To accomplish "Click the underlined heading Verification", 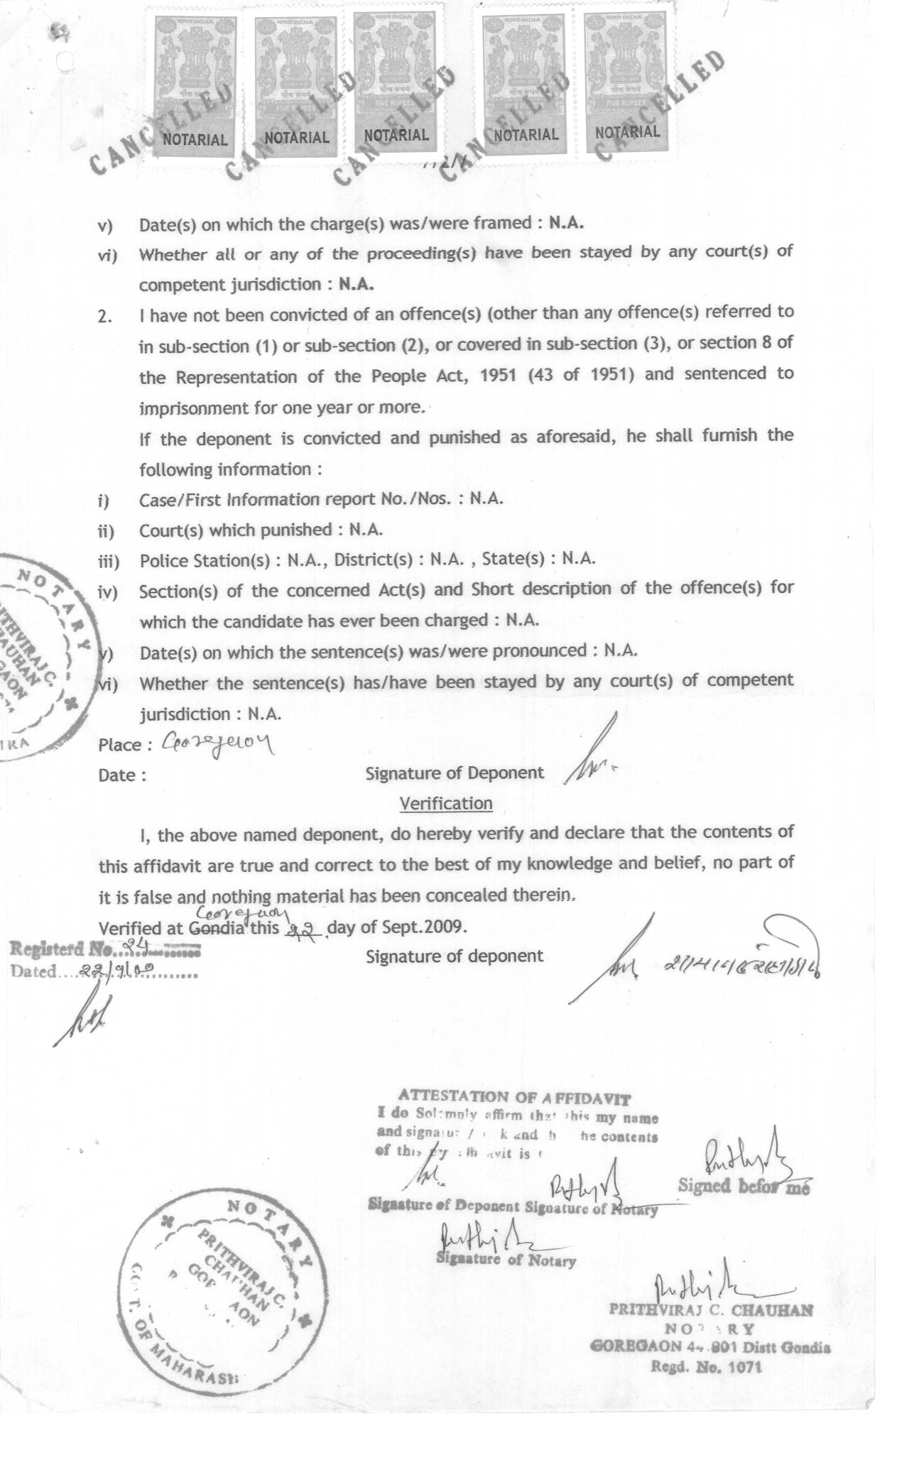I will (446, 803).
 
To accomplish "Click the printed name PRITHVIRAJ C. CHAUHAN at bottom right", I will (710, 1310).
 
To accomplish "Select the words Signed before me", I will (743, 1185).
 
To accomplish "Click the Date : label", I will (122, 775).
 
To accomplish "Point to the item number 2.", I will (105, 316).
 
